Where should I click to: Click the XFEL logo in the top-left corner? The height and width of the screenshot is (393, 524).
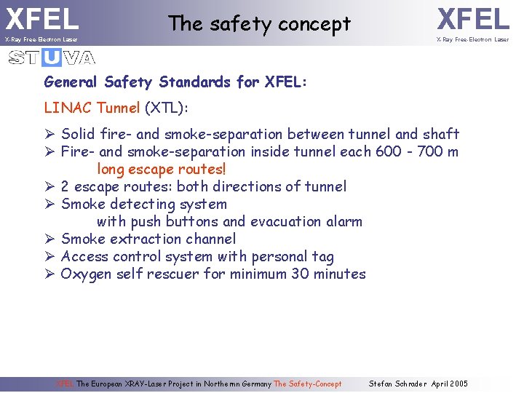[x=42, y=19]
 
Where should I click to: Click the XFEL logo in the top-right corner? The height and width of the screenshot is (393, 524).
[x=472, y=19]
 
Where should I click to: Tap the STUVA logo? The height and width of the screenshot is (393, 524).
[x=52, y=57]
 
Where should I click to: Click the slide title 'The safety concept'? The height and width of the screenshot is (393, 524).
[x=259, y=24]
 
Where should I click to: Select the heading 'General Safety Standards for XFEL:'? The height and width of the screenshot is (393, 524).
[x=175, y=82]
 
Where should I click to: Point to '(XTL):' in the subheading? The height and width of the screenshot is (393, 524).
[x=167, y=108]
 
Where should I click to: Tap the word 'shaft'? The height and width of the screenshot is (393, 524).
[x=441, y=134]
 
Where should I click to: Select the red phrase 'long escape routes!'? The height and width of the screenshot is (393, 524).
[x=162, y=169]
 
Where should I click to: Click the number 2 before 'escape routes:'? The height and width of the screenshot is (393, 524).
[x=65, y=186]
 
